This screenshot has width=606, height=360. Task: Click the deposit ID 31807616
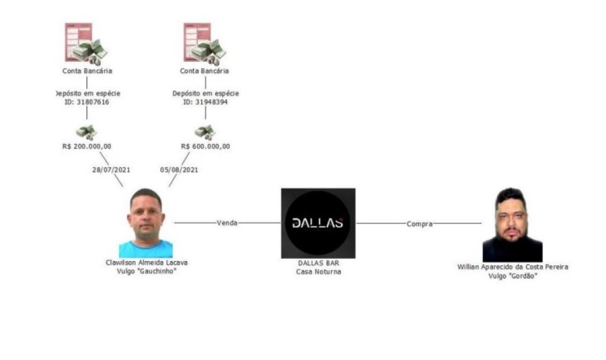tap(87, 102)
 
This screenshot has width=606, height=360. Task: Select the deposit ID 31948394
tap(205, 102)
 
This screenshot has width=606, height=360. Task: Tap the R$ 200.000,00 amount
tap(86, 147)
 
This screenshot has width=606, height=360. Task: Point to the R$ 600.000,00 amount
tap(205, 147)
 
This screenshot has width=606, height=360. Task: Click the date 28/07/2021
tap(111, 170)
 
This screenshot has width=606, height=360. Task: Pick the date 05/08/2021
tap(179, 170)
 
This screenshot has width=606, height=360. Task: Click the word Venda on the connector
tap(227, 223)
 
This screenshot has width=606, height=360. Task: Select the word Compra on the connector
tap(420, 224)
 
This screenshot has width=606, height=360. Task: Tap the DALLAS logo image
tap(318, 223)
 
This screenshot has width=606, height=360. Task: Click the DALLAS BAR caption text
tap(318, 263)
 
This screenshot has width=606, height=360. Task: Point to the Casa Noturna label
tap(318, 272)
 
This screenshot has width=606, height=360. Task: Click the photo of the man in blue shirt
tap(146, 223)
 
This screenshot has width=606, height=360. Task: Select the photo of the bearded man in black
tap(512, 224)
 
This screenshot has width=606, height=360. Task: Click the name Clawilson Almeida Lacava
tap(147, 262)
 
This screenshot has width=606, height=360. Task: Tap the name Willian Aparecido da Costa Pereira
tap(512, 267)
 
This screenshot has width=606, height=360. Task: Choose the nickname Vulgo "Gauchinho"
tap(147, 271)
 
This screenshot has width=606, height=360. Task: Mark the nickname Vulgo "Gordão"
tap(512, 276)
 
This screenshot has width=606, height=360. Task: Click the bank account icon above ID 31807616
tap(86, 44)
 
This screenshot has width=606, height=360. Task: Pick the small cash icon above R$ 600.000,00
tap(205, 133)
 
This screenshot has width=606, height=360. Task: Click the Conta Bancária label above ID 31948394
tap(204, 71)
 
